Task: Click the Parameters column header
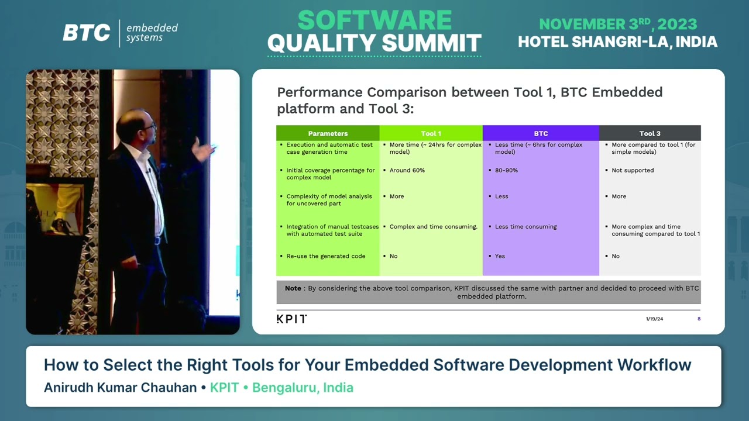tap(328, 133)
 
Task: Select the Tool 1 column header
tap(431, 133)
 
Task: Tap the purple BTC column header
tap(541, 133)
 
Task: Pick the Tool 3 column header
tap(650, 133)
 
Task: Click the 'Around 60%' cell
tap(407, 171)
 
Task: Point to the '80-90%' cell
tap(506, 171)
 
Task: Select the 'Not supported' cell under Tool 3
tap(632, 171)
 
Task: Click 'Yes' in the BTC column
tap(500, 256)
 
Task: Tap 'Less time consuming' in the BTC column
tap(525, 227)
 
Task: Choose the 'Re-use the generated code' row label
tap(325, 256)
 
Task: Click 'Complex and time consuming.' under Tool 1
tap(433, 227)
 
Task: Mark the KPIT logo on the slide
tap(291, 319)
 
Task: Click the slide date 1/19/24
tap(654, 319)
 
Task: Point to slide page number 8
tap(699, 319)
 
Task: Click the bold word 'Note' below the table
tap(293, 288)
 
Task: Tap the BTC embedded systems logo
tap(120, 33)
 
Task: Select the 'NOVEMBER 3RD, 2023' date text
tap(617, 25)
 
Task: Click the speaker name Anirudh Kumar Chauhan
tap(120, 388)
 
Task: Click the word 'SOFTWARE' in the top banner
tap(374, 20)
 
